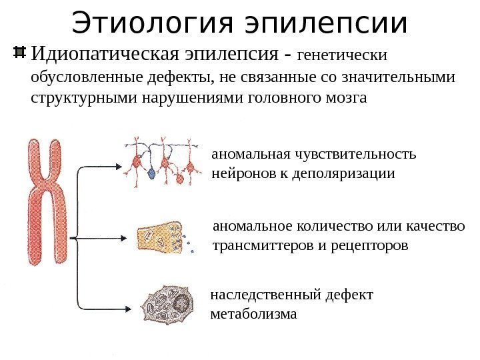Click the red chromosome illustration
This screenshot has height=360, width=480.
click(49, 200)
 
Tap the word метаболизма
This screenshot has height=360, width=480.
click(253, 313)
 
